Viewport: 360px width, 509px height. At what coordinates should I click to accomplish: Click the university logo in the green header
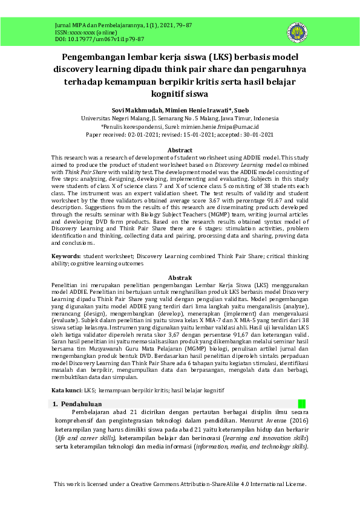pos(298,33)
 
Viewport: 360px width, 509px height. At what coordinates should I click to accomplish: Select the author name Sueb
pos(241,110)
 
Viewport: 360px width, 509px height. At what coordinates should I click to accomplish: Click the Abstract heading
pos(180,150)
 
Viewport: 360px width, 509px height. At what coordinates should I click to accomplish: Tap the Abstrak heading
pos(180,277)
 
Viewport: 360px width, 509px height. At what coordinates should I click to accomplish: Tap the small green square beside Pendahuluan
pos(302,404)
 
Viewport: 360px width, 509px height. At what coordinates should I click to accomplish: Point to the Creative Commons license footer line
pos(180,484)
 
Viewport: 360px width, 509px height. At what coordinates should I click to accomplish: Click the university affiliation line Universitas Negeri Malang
pos(180,118)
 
